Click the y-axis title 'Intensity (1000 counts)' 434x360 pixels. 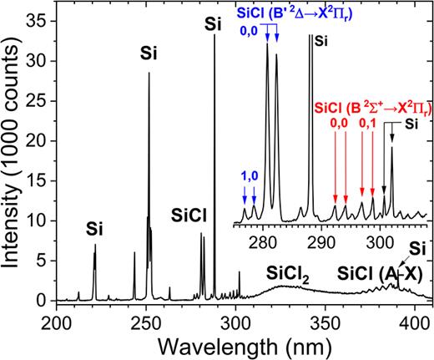click(x=14, y=150)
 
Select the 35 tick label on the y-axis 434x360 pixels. click(x=36, y=18)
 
